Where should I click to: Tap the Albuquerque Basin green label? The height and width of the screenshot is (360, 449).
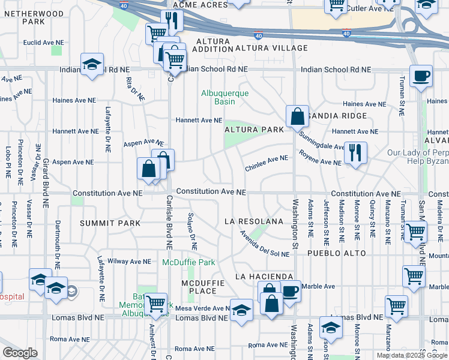[x=224, y=97]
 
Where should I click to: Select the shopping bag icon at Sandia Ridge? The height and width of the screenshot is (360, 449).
[x=297, y=115]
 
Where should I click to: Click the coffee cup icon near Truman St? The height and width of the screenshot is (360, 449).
[x=421, y=76]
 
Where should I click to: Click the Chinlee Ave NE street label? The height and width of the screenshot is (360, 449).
[x=267, y=163]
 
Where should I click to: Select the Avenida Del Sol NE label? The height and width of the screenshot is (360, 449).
[x=264, y=244]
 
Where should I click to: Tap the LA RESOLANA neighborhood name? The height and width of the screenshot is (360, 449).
[x=253, y=221]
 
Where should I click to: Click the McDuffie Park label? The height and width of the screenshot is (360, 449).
[x=188, y=262]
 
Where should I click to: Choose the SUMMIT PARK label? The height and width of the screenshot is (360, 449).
[x=110, y=223]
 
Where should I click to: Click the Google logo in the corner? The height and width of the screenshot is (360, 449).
[x=20, y=352]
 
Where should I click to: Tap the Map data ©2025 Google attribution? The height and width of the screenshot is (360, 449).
[x=411, y=355]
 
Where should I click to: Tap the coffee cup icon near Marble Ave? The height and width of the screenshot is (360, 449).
[x=291, y=292]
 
